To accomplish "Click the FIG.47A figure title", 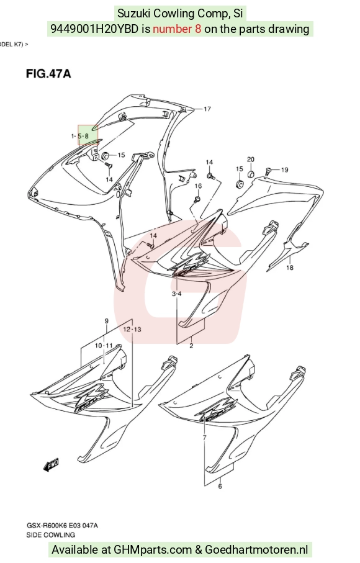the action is pyautogui.click(x=48, y=74).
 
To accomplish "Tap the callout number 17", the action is pyautogui.click(x=207, y=109).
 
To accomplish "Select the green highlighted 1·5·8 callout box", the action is pyautogui.click(x=88, y=135).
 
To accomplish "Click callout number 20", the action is pyautogui.click(x=251, y=160).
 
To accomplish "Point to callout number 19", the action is pyautogui.click(x=285, y=169).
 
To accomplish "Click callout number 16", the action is pyautogui.click(x=198, y=186).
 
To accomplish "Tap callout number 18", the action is pyautogui.click(x=290, y=268).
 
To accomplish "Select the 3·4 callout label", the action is pyautogui.click(x=176, y=294).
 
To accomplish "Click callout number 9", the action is pyautogui.click(x=107, y=321).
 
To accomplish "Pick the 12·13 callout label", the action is pyautogui.click(x=132, y=329).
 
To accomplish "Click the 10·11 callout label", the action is pyautogui.click(x=104, y=345).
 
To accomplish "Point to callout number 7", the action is pyautogui.click(x=204, y=438).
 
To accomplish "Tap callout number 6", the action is pyautogui.click(x=220, y=486).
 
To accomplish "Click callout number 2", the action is pyautogui.click(x=191, y=346).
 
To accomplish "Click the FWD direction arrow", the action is pyautogui.click(x=51, y=465).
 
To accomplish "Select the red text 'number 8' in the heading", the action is pyautogui.click(x=177, y=29).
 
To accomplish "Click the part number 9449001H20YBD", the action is pyautogui.click(x=94, y=29).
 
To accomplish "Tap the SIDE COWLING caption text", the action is pyautogui.click(x=51, y=534).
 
